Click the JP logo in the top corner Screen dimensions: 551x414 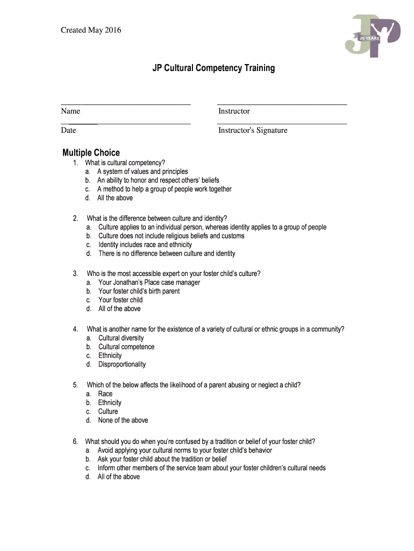[x=373, y=36]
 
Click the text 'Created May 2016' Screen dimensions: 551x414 [x=91, y=30]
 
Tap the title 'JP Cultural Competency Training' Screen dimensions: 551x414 [x=213, y=68]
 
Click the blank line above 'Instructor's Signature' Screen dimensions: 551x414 [x=282, y=124]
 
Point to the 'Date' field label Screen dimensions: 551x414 [x=68, y=130]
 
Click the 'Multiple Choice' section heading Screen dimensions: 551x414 [x=91, y=153]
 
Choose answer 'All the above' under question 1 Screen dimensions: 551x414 [x=115, y=198]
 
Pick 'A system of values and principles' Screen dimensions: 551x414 [x=142, y=172]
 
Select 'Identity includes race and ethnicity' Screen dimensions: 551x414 [x=145, y=245]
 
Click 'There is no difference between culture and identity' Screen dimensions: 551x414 [x=167, y=253]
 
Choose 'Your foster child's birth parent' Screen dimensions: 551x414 [x=139, y=291]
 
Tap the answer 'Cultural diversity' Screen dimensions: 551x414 [x=121, y=338]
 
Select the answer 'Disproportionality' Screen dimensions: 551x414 [x=122, y=364]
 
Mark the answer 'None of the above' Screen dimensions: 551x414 [x=123, y=420]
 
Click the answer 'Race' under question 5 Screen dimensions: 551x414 [x=105, y=394]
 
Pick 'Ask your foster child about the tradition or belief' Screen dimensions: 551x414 [x=162, y=459]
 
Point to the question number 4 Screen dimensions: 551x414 [x=75, y=329]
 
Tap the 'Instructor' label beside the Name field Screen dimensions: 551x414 [x=234, y=111]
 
